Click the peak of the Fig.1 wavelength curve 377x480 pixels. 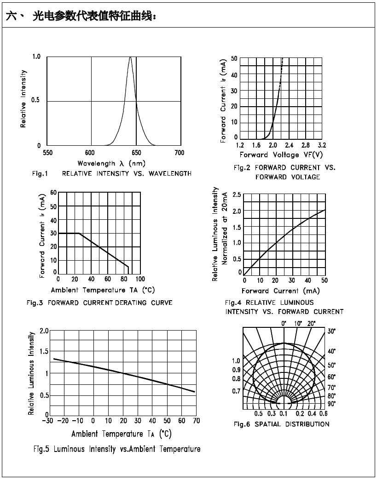tap(131, 57)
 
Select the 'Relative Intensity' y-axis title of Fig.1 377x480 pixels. tap(23, 99)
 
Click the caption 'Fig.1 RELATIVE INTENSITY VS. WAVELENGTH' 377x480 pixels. tap(112, 173)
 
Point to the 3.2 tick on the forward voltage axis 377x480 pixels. tap(322, 145)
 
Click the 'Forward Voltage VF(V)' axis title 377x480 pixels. tap(281, 154)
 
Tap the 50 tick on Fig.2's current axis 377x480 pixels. tap(234, 58)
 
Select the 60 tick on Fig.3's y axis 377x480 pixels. tap(53, 193)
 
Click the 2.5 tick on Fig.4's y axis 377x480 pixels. tap(237, 195)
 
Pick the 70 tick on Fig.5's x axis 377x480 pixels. tap(196, 421)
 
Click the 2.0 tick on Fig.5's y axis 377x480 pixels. tap(44, 331)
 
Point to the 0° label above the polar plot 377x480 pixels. tap(284, 324)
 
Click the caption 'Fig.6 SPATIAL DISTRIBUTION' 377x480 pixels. tap(281, 424)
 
